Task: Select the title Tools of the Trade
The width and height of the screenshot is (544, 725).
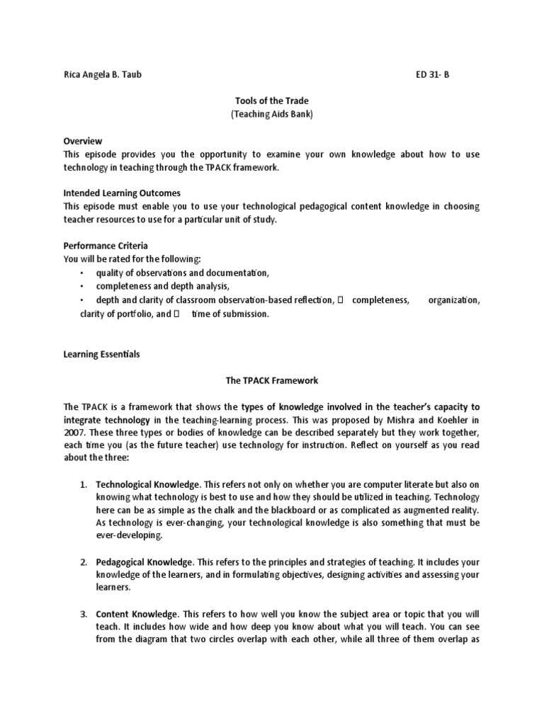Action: (x=272, y=101)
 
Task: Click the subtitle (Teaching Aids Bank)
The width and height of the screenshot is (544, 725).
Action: (x=272, y=114)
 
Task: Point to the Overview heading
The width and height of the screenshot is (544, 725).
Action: (x=83, y=141)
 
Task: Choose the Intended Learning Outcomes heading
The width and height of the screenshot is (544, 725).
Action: (x=122, y=193)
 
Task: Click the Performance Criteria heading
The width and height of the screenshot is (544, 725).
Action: (x=106, y=246)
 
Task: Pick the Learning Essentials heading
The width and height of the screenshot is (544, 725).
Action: (x=102, y=354)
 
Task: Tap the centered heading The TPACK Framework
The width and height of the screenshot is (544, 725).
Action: (x=272, y=381)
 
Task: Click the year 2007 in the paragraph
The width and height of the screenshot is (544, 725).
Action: (x=74, y=433)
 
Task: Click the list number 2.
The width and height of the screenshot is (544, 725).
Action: (x=83, y=562)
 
